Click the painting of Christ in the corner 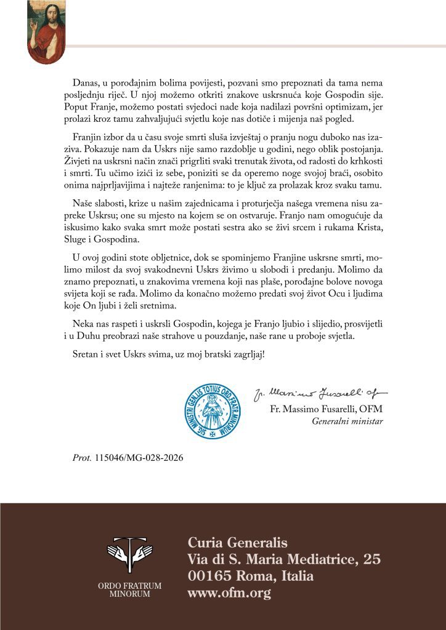[x=46, y=32]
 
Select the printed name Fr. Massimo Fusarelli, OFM [x=326, y=410]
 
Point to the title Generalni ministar [x=347, y=422]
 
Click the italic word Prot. [x=82, y=458]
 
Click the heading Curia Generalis [x=237, y=543]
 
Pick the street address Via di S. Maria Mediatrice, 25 [x=284, y=560]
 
